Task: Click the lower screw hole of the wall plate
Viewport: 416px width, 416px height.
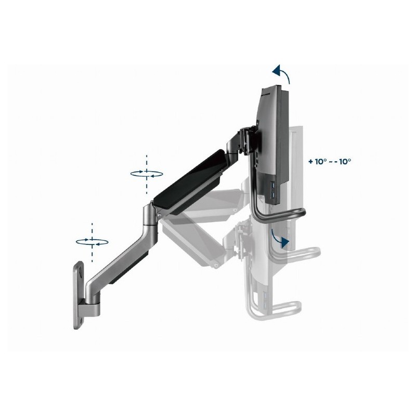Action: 81,320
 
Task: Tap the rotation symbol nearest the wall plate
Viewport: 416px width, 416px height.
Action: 92,242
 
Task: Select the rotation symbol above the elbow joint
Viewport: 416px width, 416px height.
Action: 147,174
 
